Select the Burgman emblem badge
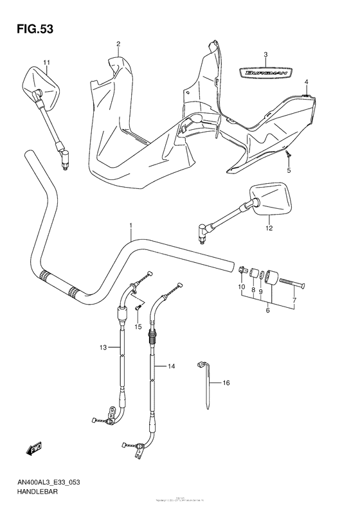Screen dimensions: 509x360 pos(265,73)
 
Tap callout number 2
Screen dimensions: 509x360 pos(118,44)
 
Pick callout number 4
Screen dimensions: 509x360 pos(307,82)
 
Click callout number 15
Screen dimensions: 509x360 pos(138,327)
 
